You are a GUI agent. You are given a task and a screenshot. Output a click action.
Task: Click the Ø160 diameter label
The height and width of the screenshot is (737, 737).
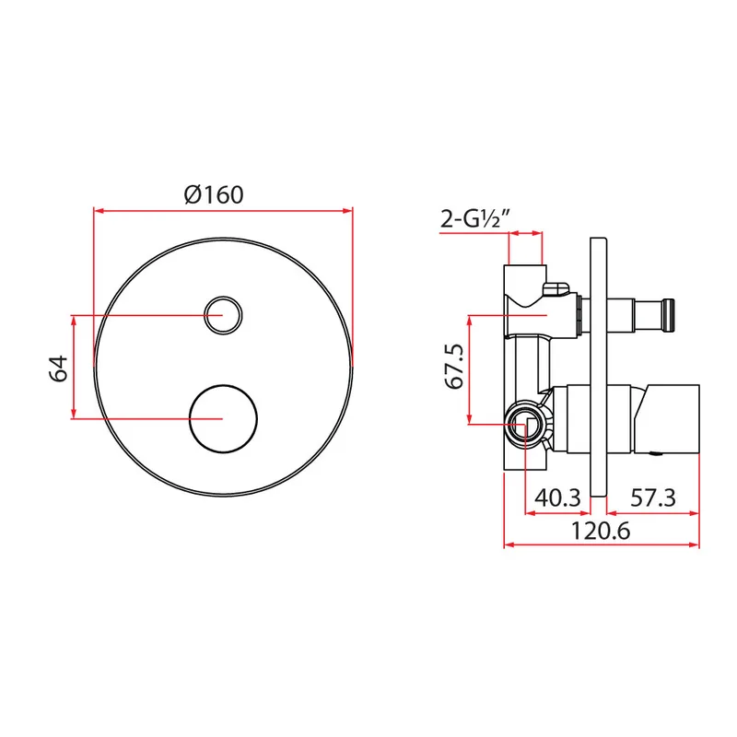tap(214, 194)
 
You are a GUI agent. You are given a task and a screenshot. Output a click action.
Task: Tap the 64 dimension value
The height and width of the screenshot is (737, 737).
tap(59, 369)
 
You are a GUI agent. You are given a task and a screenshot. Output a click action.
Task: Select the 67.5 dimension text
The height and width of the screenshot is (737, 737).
tap(455, 367)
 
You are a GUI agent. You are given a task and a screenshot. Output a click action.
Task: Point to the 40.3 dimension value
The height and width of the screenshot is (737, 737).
tap(558, 497)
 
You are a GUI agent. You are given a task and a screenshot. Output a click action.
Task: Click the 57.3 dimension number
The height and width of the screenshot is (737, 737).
tap(653, 497)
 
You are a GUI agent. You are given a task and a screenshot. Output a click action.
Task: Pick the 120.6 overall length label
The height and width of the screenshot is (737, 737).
tap(601, 532)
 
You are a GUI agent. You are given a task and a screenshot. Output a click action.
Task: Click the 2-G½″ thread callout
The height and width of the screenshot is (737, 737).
tap(475, 218)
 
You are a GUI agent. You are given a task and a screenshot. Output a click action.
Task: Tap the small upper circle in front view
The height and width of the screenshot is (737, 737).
tap(223, 315)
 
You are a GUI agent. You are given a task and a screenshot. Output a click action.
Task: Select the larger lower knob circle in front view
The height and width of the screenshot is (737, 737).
tap(223, 419)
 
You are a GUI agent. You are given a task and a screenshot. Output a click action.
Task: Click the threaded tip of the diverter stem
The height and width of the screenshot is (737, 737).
tap(669, 315)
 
